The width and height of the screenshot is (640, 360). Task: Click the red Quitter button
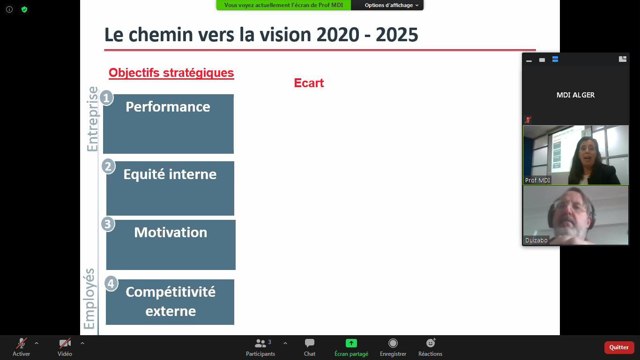tap(619, 347)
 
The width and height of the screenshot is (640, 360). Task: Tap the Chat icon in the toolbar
tap(309, 343)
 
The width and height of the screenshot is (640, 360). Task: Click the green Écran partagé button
tap(351, 343)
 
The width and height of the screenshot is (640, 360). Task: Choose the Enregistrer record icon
tap(393, 343)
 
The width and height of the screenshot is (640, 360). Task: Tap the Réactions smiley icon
tap(431, 343)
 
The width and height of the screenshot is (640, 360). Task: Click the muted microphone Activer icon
tap(21, 343)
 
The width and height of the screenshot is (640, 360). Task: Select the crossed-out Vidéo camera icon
tap(65, 343)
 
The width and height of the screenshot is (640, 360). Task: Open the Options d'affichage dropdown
tap(391, 5)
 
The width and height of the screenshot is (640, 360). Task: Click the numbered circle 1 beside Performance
tap(106, 98)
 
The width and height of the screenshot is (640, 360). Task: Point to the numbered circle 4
tap(111, 284)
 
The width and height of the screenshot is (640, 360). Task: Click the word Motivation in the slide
tap(171, 232)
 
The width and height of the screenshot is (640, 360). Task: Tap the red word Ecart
tap(309, 83)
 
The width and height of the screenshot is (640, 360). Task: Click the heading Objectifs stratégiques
tap(171, 73)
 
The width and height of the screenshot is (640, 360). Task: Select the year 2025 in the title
tap(397, 35)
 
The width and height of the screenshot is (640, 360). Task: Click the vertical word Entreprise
tap(93, 119)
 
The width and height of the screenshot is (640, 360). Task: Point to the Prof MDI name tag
tap(537, 180)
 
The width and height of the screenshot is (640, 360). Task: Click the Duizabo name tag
tap(536, 240)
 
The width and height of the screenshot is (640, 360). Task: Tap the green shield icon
tap(24, 9)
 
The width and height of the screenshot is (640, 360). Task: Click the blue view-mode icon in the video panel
tap(555, 59)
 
